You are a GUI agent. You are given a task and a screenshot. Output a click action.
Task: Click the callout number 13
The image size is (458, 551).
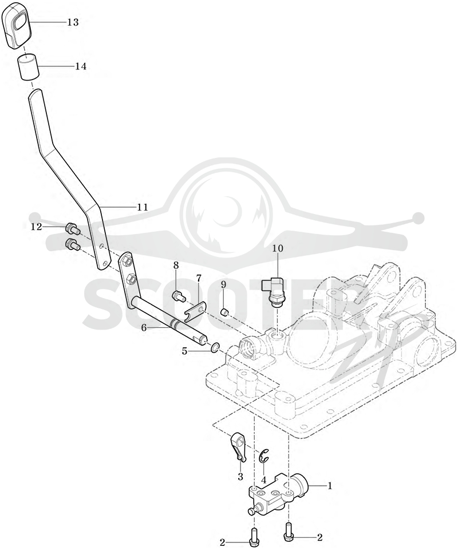(73, 22)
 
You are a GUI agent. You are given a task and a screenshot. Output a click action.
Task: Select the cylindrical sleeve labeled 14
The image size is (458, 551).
(28, 66)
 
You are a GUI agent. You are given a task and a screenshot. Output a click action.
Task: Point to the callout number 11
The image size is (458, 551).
(143, 207)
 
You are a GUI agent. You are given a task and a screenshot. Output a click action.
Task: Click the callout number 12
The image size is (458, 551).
(36, 227)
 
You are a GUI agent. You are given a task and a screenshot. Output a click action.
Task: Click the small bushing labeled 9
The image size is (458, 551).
(225, 311)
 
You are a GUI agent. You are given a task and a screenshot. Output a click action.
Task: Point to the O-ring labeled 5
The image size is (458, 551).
(215, 348)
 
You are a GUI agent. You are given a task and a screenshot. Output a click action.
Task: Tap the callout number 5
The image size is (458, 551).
(184, 351)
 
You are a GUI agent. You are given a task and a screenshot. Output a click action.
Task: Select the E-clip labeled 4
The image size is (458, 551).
(263, 455)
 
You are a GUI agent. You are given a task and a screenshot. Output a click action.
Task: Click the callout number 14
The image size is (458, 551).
(81, 66)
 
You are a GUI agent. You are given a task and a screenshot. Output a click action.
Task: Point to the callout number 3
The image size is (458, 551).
(240, 477)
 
